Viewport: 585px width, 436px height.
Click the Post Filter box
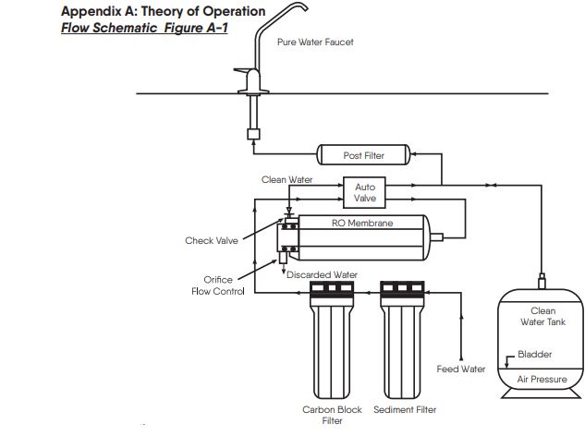tap(363, 155)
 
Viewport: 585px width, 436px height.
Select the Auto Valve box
tap(365, 192)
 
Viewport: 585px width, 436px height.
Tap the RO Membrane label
tap(362, 224)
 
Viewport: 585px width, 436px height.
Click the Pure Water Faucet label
tap(315, 42)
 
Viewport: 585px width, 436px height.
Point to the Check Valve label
tap(212, 241)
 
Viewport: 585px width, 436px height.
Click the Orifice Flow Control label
tap(218, 285)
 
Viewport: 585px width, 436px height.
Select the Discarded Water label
tap(322, 274)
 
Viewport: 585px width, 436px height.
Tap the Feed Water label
tap(461, 369)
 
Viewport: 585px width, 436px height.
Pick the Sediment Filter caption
tap(405, 409)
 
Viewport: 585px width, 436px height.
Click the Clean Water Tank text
tap(542, 316)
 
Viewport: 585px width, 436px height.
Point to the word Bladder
tap(535, 354)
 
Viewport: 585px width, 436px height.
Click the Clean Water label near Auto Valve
tap(286, 179)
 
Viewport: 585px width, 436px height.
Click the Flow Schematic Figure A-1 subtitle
tap(144, 28)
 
